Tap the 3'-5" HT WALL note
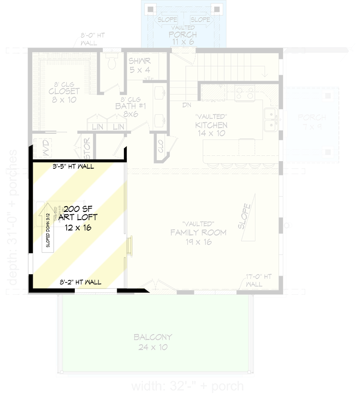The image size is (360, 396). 73,167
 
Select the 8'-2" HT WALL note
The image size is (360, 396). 81,282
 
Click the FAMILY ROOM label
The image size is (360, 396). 198,233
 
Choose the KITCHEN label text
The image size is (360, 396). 211,126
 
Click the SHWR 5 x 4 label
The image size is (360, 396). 140,66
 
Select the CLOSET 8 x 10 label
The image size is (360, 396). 64,95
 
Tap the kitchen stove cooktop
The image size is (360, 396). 244,93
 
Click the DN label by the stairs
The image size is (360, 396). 187,105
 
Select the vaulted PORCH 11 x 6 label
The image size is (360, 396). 183,35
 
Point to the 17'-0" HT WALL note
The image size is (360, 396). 259,280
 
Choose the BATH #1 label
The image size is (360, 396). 127,110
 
